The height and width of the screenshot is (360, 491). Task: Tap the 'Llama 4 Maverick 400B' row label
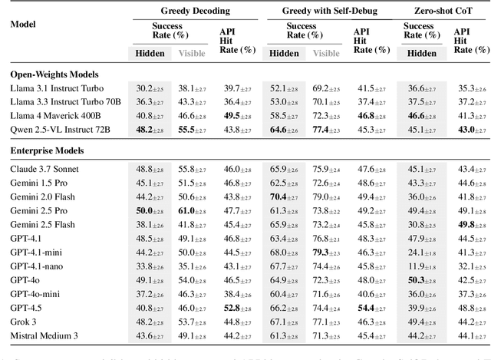click(58, 116)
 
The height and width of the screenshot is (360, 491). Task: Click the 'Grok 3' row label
click(25, 321)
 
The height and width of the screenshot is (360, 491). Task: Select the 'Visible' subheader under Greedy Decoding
click(193, 54)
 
